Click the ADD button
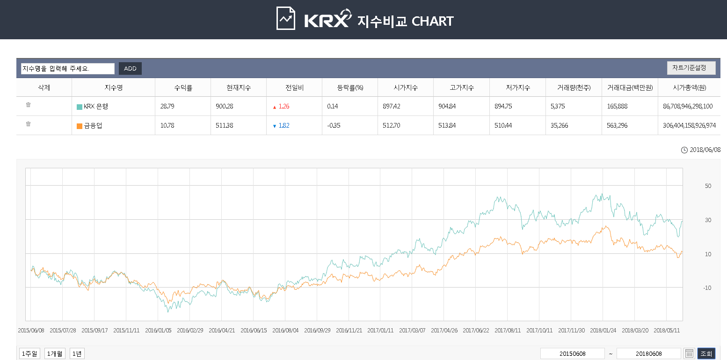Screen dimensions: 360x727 130,69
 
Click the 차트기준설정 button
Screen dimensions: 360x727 691,68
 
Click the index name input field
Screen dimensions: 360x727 67,69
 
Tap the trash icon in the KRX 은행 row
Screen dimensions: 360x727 28,105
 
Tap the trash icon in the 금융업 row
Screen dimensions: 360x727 28,124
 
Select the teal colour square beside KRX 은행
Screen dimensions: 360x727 80,107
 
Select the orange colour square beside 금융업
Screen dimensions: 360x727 80,126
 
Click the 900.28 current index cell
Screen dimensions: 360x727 225,106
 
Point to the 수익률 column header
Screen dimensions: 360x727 183,87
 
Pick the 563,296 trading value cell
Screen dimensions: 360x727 618,125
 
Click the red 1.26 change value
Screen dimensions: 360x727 284,106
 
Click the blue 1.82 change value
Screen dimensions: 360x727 284,125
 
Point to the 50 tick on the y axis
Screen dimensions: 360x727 708,186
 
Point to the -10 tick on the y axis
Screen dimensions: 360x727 707,288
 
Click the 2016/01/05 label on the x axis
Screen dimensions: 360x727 158,330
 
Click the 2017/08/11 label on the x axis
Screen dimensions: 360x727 508,330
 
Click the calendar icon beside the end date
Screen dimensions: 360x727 689,353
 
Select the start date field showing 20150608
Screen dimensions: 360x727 572,353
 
